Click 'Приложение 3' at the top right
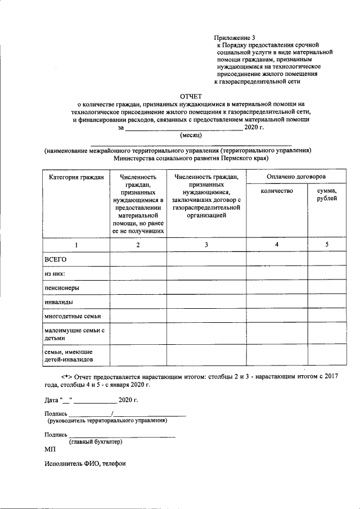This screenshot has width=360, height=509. [x=235, y=37]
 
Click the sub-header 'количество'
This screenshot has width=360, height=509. [x=277, y=192]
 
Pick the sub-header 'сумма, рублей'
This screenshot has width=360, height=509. [x=327, y=195]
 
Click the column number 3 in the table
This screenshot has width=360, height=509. [x=206, y=245]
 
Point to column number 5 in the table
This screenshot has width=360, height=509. [x=327, y=245]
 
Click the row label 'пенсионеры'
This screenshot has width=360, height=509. [x=62, y=287]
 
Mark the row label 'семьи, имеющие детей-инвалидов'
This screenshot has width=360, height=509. [x=69, y=355]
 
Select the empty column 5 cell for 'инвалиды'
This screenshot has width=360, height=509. [x=327, y=302]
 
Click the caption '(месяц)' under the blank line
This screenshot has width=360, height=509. [x=191, y=136]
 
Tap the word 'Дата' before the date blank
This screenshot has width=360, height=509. [x=52, y=401]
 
